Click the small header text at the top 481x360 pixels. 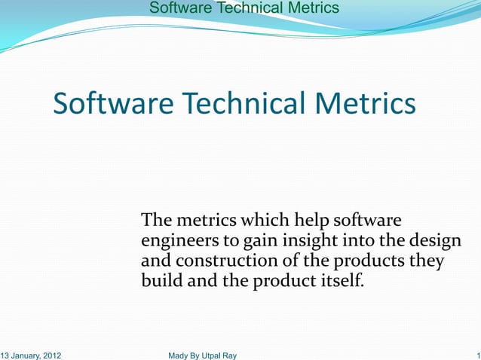[244, 8]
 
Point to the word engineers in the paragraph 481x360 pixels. [178, 242]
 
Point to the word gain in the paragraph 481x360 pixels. [259, 242]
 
